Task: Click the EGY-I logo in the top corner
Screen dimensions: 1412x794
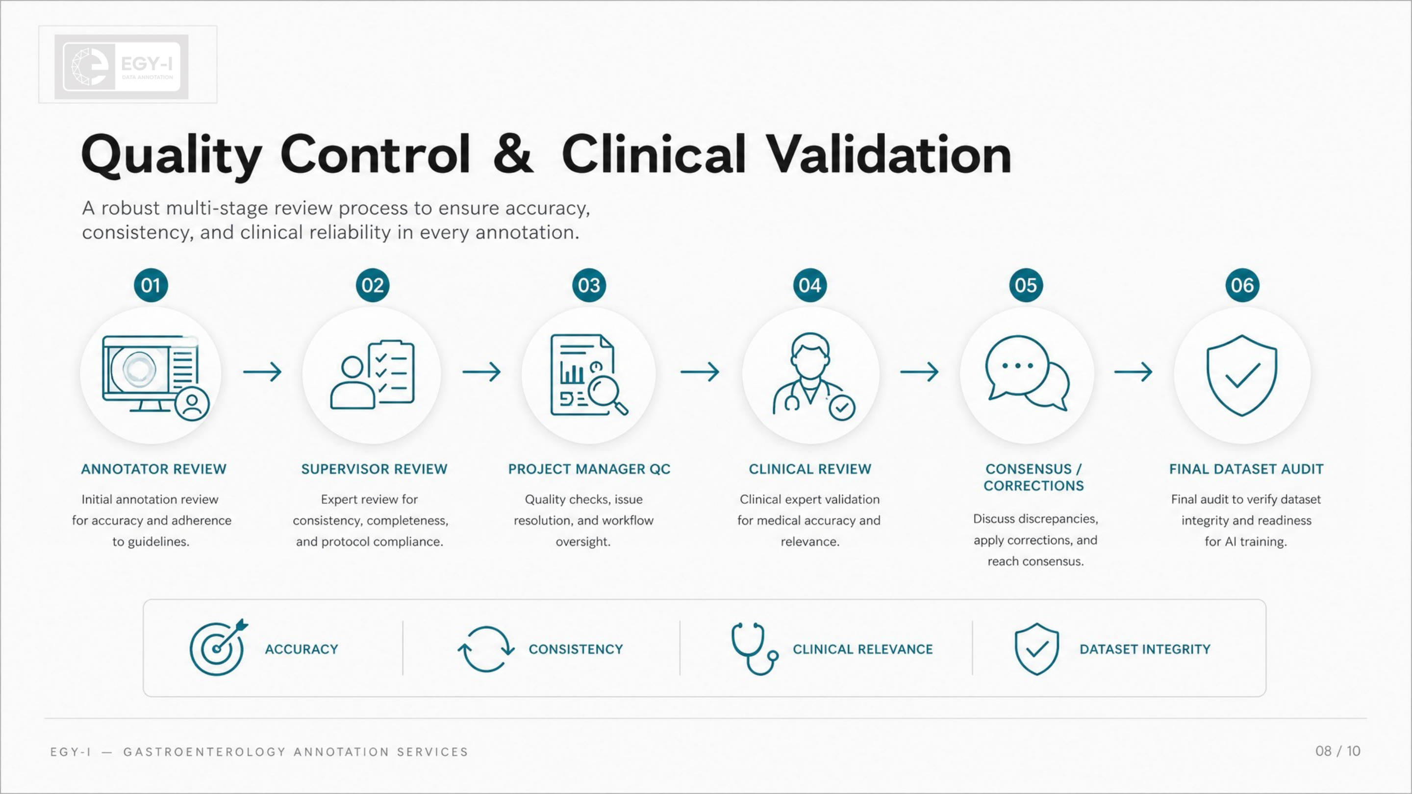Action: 122,67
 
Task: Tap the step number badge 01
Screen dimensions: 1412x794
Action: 151,285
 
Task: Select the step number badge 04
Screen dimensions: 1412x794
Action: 809,285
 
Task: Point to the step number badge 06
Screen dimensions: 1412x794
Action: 1242,285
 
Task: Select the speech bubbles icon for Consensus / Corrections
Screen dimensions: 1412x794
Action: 1027,372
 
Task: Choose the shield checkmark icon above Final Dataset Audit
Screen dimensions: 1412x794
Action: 1242,375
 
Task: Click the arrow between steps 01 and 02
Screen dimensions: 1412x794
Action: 263,372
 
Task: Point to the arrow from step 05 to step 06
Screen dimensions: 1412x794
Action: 1134,372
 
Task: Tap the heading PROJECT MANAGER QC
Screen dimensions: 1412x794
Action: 589,469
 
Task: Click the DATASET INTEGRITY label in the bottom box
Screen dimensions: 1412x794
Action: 1144,649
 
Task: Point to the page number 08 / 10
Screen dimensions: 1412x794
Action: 1337,751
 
